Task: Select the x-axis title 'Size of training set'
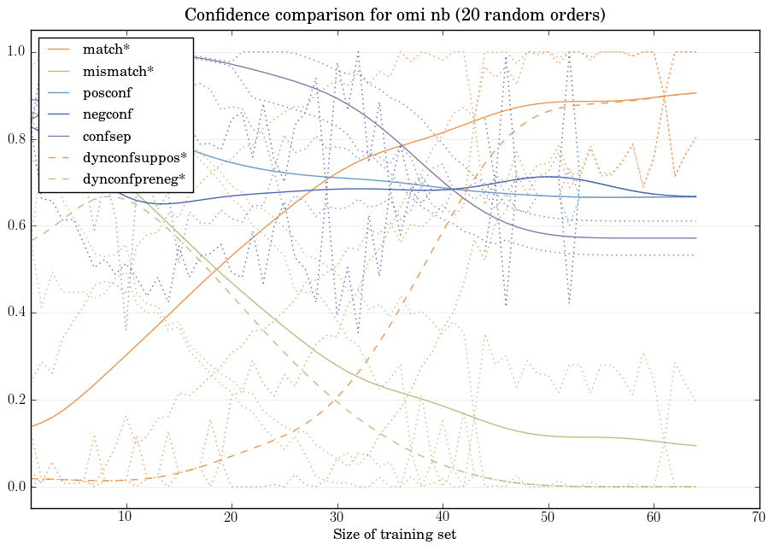(395, 535)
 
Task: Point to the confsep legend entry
(105, 136)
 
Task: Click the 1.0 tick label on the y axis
(17, 52)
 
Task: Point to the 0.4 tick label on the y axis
(17, 313)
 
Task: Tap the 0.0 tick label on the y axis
(17, 487)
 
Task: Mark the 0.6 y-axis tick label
(17, 226)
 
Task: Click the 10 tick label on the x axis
(126, 518)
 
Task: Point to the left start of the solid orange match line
(32, 426)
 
